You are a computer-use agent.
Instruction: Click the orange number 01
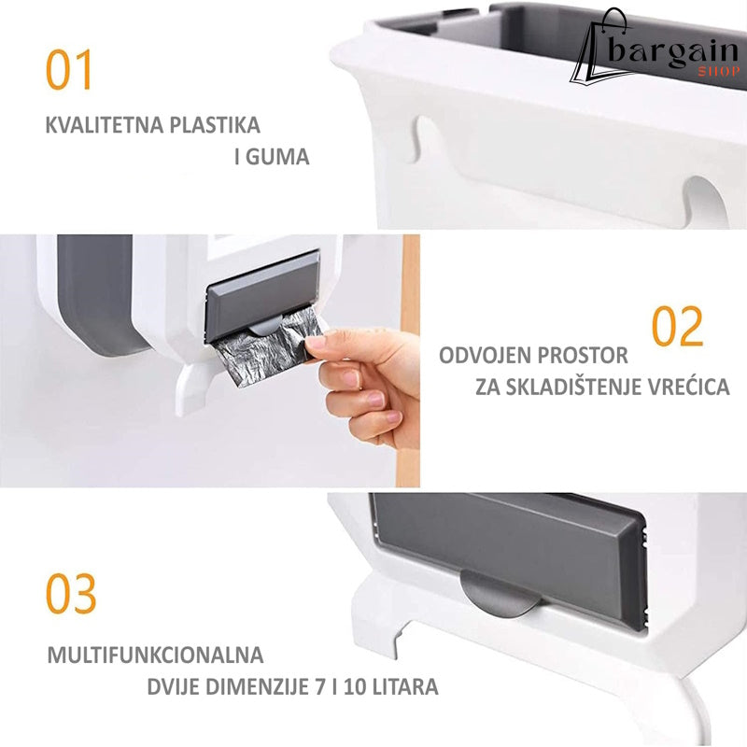click(x=68, y=70)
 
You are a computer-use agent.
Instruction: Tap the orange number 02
click(x=677, y=326)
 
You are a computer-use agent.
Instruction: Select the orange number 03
click(x=71, y=594)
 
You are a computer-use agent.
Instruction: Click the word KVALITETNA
click(x=105, y=125)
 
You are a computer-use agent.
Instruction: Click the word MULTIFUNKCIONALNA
click(x=155, y=655)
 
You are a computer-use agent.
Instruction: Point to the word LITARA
click(x=405, y=687)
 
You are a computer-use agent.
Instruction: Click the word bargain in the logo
click(x=672, y=51)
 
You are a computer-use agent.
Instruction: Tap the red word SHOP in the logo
click(x=719, y=72)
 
